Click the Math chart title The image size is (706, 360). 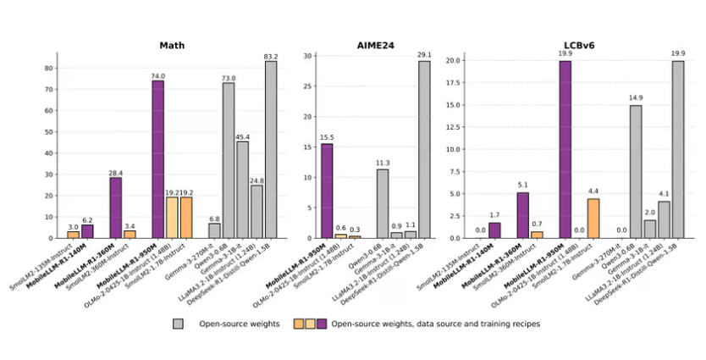pyautogui.click(x=173, y=45)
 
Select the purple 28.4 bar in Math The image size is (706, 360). pyautogui.click(x=116, y=208)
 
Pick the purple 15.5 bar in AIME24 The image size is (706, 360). pyautogui.click(x=327, y=191)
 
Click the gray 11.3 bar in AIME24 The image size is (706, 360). pyautogui.click(x=383, y=203)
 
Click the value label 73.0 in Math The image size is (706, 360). pyautogui.click(x=228, y=78)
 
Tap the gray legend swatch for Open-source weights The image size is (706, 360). pyautogui.click(x=178, y=323)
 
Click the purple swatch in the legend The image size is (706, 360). pyautogui.click(x=321, y=323)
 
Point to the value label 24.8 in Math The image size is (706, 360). pyautogui.click(x=256, y=180)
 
